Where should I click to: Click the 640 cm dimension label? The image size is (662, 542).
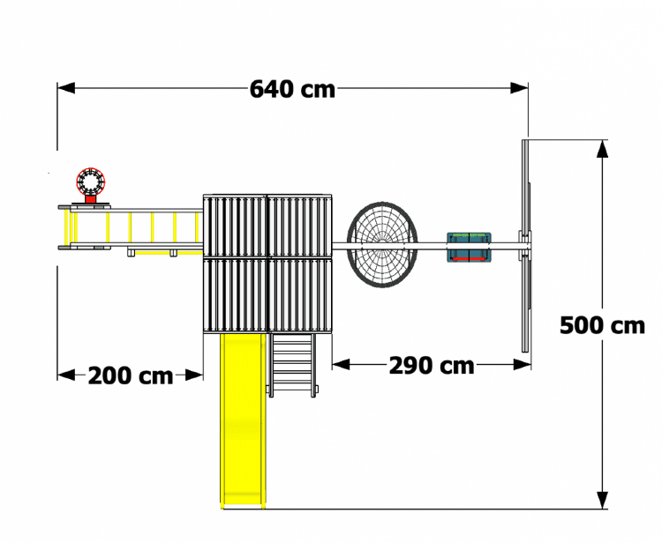[292, 89]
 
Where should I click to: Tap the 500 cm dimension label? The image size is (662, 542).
[603, 326]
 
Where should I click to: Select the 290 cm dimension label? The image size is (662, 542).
[432, 366]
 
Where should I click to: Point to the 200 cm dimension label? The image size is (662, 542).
[131, 375]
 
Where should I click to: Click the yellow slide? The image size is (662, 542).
[243, 421]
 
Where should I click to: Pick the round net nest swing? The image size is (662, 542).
[382, 245]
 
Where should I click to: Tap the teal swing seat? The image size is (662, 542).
[469, 247]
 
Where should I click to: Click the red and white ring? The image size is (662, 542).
[90, 182]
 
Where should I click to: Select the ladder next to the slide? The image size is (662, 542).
[292, 365]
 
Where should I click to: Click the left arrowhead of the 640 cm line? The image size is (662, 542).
[66, 88]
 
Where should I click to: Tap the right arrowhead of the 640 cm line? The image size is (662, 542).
[519, 88]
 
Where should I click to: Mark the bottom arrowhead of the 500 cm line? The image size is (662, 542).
[603, 501]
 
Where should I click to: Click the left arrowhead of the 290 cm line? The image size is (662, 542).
[341, 365]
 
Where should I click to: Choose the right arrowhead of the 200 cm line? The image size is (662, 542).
[194, 375]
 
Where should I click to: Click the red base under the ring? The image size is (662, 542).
[90, 199]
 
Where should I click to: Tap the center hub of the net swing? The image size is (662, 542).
[382, 244]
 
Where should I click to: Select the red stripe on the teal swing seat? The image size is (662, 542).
[469, 257]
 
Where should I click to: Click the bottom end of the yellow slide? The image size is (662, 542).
[243, 507]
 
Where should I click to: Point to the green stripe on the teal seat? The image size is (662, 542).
[469, 234]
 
